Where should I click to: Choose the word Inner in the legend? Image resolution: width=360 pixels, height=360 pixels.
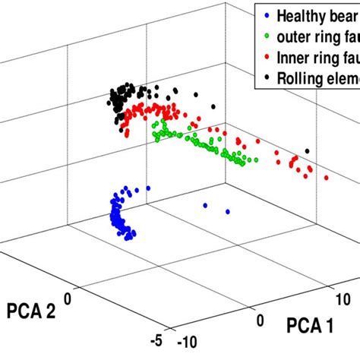(295, 55)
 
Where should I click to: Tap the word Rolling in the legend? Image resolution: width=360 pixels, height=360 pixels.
(300, 75)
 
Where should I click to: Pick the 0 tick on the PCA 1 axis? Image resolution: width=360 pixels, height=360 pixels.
(261, 321)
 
